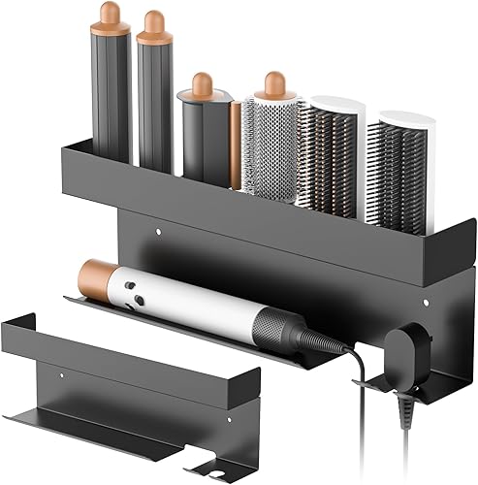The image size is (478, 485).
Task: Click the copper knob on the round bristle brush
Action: coord(274,81)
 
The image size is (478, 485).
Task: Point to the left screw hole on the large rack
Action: coord(158,232)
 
